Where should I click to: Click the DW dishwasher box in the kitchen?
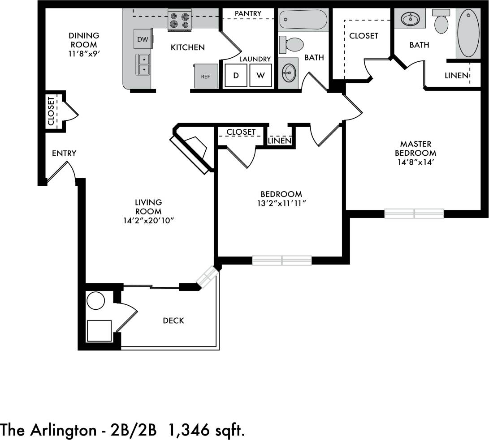pos(143,39)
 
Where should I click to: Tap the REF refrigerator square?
pos(206,77)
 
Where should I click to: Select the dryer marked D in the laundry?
pos(236,75)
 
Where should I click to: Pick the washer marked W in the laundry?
pos(260,75)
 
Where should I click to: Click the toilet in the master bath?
pos(441,22)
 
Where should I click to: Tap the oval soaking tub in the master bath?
pos(468,33)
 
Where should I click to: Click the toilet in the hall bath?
pos(292,44)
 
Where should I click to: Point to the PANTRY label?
pos(248,13)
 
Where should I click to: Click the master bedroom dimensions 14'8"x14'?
pos(415,162)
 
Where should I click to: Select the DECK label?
pos(173,320)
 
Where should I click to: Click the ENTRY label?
pos(64,154)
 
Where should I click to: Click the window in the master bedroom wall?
pos(414,214)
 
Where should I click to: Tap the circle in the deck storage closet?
pos(95,301)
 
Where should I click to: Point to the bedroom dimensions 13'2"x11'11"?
pos(281,203)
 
